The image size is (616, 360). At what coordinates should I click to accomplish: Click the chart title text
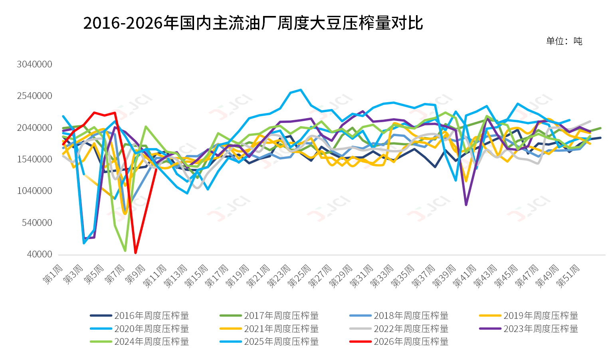point(253,23)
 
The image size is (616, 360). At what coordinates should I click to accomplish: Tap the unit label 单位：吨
point(564,41)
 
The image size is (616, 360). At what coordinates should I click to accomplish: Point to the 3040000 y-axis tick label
point(34,64)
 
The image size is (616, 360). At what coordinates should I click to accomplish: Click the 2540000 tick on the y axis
point(34,96)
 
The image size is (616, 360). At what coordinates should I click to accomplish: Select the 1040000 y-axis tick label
point(34,191)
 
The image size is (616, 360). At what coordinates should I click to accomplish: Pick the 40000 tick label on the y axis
point(40,254)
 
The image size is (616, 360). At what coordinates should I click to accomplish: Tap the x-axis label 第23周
point(279,275)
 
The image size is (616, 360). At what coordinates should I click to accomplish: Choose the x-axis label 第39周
point(444,275)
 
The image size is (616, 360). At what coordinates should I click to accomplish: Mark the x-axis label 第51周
point(568,275)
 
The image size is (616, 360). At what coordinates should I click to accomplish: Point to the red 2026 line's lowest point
point(136,253)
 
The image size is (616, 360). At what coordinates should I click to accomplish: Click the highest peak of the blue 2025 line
point(301,90)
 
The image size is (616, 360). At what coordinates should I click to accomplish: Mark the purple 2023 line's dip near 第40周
point(466,205)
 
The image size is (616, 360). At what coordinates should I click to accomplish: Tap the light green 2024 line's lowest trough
point(125,251)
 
